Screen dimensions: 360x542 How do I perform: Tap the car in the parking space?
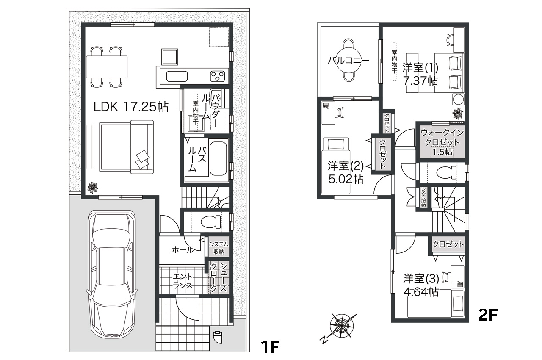coord(112,275)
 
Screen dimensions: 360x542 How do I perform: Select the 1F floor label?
coord(270,347)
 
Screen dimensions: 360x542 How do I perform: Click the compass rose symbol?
coord(341,326)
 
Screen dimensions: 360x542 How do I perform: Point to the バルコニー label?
coord(348,61)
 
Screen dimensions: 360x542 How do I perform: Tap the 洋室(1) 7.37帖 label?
coord(420,74)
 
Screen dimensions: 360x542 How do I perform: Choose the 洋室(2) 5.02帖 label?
coord(345,172)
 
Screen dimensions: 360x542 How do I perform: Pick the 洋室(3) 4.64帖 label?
coord(420,285)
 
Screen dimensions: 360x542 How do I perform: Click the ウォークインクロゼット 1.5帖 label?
coord(442,142)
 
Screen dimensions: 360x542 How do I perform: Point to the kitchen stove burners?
coord(218,77)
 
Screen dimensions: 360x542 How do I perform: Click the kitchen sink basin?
coord(177,77)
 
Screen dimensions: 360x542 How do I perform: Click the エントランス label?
coord(183,281)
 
